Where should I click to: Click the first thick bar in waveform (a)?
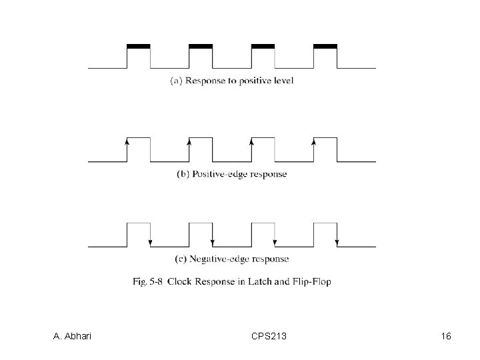(x=138, y=46)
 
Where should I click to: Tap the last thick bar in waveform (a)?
(x=325, y=46)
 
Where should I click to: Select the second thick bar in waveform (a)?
(x=201, y=46)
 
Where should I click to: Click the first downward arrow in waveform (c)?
(x=151, y=241)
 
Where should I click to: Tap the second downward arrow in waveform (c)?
(x=213, y=241)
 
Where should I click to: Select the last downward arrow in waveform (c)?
(x=337, y=241)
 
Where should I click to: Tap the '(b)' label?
(x=183, y=174)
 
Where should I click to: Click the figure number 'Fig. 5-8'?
(x=148, y=281)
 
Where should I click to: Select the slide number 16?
(x=446, y=337)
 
